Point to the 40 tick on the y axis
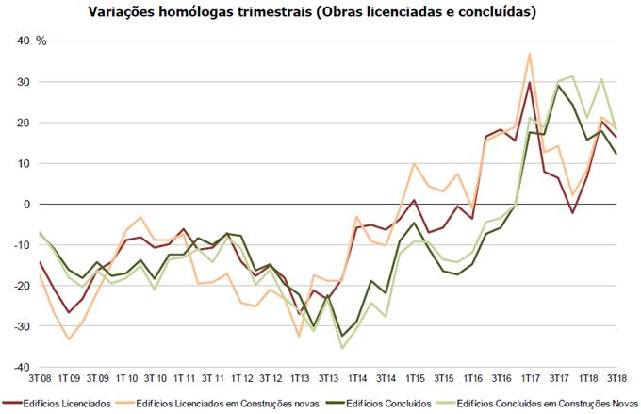coord(24,41)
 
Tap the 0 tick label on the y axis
coord(27,204)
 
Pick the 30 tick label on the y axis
coord(24,82)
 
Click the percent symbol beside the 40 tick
coord(41,41)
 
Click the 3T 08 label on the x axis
coord(39,377)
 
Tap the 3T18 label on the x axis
coord(617,377)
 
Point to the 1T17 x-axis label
coord(530,377)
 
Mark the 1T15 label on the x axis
coord(415,377)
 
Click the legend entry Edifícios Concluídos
coord(386,403)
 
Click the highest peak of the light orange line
coord(530,54)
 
